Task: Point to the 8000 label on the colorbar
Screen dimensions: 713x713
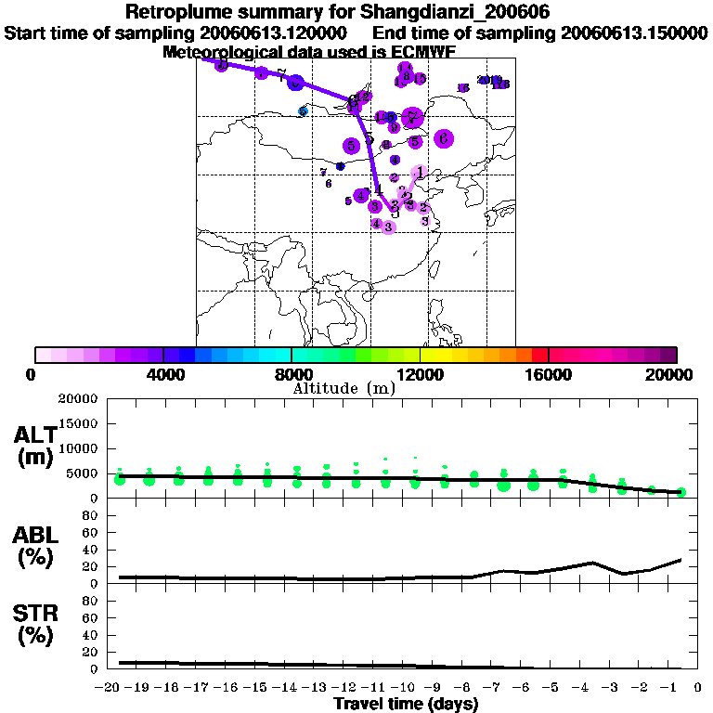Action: click(x=292, y=374)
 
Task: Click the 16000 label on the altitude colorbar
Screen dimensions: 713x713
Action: click(x=548, y=374)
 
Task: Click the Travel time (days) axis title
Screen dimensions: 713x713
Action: click(x=406, y=705)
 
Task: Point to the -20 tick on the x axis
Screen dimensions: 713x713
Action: click(x=110, y=687)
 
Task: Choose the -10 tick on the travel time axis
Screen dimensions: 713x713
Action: click(x=407, y=687)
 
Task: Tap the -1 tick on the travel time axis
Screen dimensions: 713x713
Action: click(x=673, y=687)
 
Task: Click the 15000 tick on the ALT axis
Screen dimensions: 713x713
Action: click(x=77, y=423)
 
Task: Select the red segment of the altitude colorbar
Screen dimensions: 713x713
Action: click(x=539, y=355)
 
